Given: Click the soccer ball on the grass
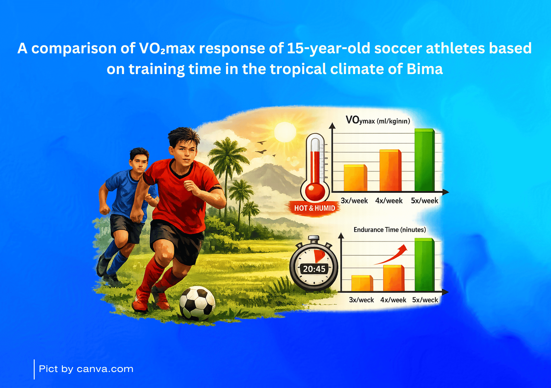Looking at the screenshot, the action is click(x=197, y=303).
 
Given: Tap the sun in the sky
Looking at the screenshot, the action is click(x=285, y=132).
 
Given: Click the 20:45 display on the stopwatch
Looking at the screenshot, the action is click(x=314, y=269).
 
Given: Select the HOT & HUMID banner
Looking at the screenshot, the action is click(x=315, y=208).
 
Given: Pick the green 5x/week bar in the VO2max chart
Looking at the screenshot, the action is click(x=425, y=160).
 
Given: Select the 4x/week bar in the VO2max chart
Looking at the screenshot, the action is click(x=390, y=171).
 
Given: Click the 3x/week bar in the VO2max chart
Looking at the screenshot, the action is click(x=355, y=178).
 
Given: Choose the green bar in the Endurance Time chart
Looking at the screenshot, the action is click(x=425, y=264).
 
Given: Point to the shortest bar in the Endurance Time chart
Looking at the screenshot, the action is click(x=362, y=283).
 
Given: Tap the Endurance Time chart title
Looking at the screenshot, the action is click(x=390, y=230).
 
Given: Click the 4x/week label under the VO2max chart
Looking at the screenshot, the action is click(x=389, y=201).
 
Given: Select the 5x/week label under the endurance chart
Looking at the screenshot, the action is click(x=425, y=300).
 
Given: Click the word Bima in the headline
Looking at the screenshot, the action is click(x=425, y=69).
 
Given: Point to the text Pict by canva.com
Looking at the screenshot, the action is click(x=86, y=369).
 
